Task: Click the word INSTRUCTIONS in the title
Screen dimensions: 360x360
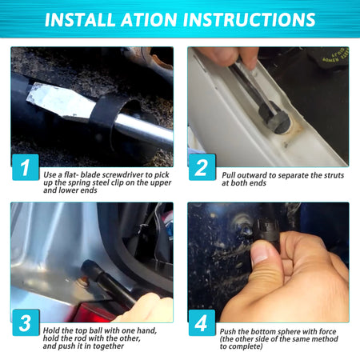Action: coord(253,19)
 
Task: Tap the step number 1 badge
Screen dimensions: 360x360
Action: coord(26,167)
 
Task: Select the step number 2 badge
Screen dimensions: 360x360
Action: coord(202,167)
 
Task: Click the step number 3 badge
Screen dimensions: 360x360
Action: coord(26,322)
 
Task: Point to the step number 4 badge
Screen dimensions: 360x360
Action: coord(202,322)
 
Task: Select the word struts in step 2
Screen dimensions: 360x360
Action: coord(334,175)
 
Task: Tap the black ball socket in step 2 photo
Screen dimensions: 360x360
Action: coord(274,118)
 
